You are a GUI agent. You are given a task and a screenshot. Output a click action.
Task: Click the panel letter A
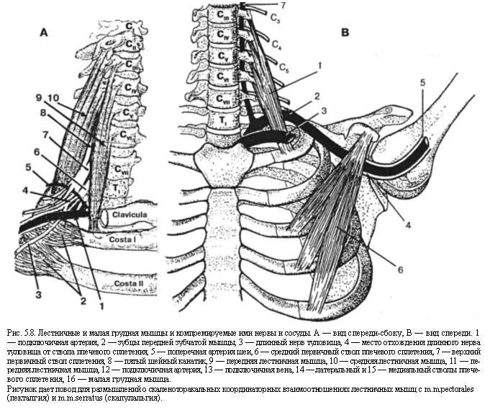44,32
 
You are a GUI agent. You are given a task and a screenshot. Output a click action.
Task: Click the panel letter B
345,32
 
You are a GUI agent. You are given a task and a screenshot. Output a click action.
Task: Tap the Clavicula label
130,214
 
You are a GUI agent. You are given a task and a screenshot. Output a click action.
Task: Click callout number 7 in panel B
283,6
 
